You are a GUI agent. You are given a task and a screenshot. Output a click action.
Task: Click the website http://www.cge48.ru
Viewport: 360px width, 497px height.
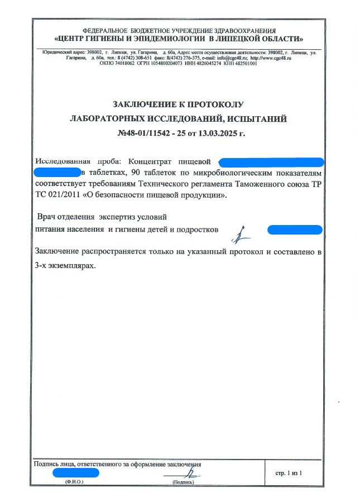[271, 58]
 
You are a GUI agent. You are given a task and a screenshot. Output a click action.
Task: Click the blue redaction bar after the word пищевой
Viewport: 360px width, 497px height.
[271, 162]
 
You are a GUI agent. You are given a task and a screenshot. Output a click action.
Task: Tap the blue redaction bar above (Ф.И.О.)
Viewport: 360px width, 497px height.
[75, 473]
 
